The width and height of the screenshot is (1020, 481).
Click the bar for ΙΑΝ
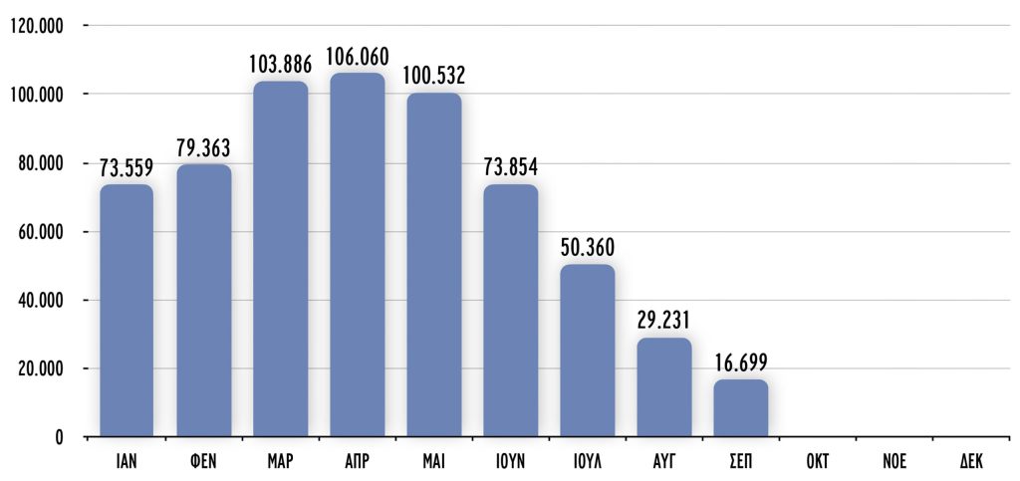[x=127, y=310]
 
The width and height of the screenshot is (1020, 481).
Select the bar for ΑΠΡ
[x=357, y=254]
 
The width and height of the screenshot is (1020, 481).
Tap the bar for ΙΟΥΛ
[x=587, y=350]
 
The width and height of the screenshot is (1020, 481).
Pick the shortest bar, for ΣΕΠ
[x=740, y=407]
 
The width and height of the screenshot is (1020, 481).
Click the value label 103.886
[x=281, y=65]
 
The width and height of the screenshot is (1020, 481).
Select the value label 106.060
[x=357, y=57]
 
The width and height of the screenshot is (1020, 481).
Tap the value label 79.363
[x=203, y=148]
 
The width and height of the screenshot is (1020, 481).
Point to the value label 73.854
[x=510, y=167]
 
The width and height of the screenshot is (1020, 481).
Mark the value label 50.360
[x=587, y=247]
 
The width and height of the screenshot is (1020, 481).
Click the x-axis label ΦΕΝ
[x=203, y=462]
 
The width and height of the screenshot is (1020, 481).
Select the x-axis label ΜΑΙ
[x=433, y=462]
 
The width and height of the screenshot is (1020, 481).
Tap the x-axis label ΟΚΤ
[x=817, y=462]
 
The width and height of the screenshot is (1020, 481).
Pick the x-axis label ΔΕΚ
[x=970, y=462]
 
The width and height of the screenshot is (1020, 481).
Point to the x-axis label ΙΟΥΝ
[x=510, y=462]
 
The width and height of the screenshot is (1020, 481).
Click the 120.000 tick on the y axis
[x=35, y=26]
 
